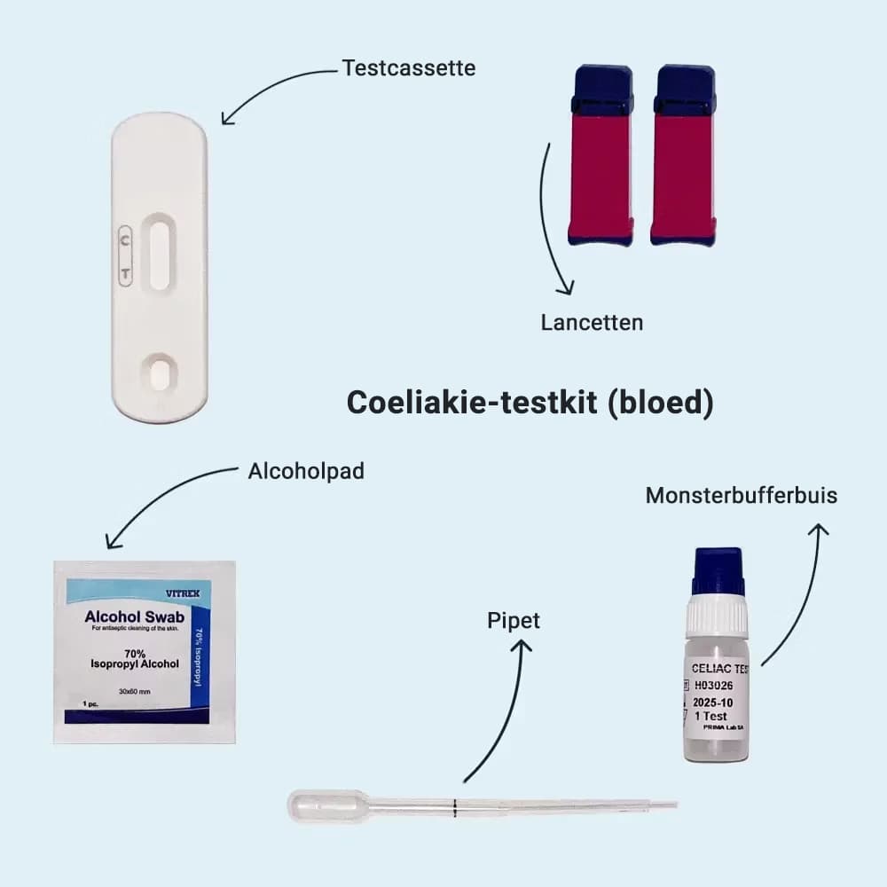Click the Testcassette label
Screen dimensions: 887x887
408,67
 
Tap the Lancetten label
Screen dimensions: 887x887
592,322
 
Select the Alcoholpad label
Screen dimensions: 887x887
306,471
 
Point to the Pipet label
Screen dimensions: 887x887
514,621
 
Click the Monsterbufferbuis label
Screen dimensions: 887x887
741,495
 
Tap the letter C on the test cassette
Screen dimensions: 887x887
125,238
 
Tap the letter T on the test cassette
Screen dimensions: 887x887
125,274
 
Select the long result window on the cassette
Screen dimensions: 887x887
160,255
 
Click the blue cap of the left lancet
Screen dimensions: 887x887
601,90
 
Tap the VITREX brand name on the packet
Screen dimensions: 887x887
183,591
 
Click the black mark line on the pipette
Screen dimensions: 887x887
454,806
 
